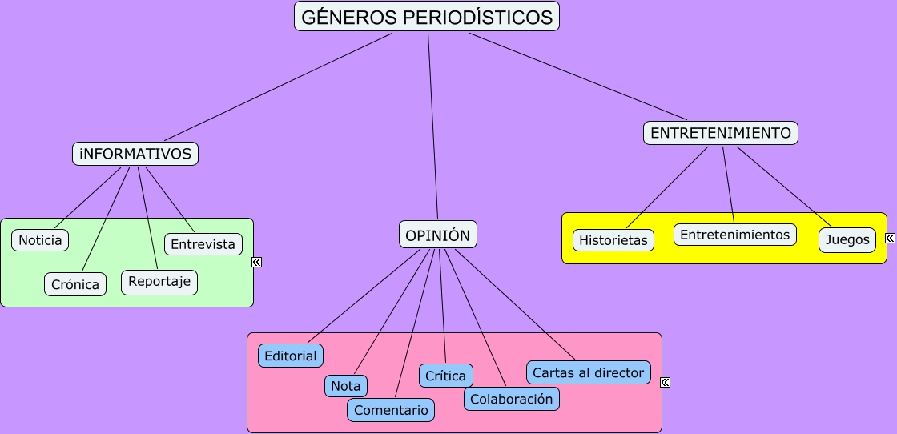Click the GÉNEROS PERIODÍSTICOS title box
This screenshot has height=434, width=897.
click(x=427, y=17)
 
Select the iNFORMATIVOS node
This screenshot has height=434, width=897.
click(x=135, y=154)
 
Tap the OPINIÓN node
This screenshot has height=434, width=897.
click(x=437, y=235)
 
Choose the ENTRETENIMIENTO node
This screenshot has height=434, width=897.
click(x=721, y=133)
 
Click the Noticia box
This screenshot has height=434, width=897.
click(x=40, y=240)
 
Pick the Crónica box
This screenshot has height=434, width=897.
click(x=75, y=284)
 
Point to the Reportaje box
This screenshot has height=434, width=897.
click(x=159, y=282)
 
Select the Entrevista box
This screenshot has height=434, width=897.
click(x=203, y=244)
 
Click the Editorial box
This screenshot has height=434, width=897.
click(x=291, y=356)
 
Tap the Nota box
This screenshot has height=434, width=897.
click(x=345, y=386)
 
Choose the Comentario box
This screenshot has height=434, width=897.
click(x=391, y=410)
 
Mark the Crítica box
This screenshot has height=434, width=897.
click(x=445, y=376)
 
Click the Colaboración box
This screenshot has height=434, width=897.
click(x=512, y=399)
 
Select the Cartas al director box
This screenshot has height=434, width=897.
click(x=588, y=372)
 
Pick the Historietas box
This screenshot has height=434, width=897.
click(x=613, y=240)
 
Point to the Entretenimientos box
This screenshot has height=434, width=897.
click(x=734, y=235)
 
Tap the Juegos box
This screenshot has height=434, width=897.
click(x=847, y=239)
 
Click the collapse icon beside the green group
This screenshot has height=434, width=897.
click(x=257, y=262)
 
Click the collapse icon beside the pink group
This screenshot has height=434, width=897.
click(x=665, y=382)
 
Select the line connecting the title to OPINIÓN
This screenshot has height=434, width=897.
click(x=433, y=127)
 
